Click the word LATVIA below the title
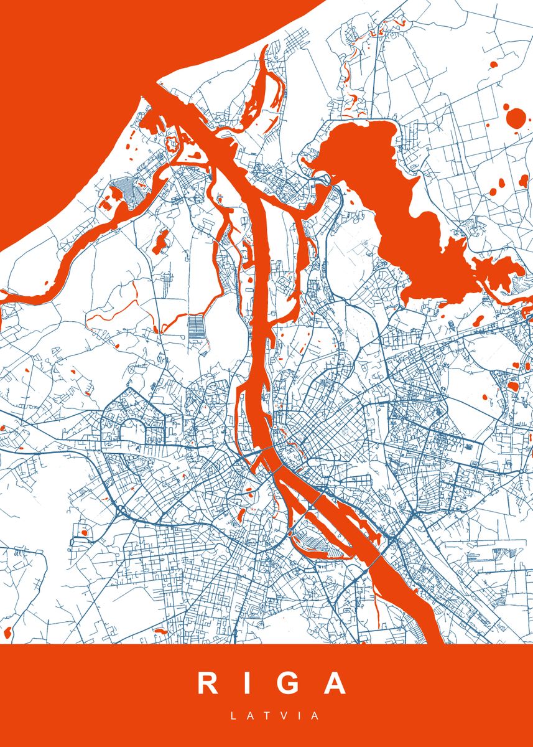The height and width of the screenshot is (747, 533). (x=275, y=716)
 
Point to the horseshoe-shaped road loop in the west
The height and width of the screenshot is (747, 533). (x=132, y=430)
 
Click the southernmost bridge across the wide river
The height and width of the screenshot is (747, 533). (x=375, y=561)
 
